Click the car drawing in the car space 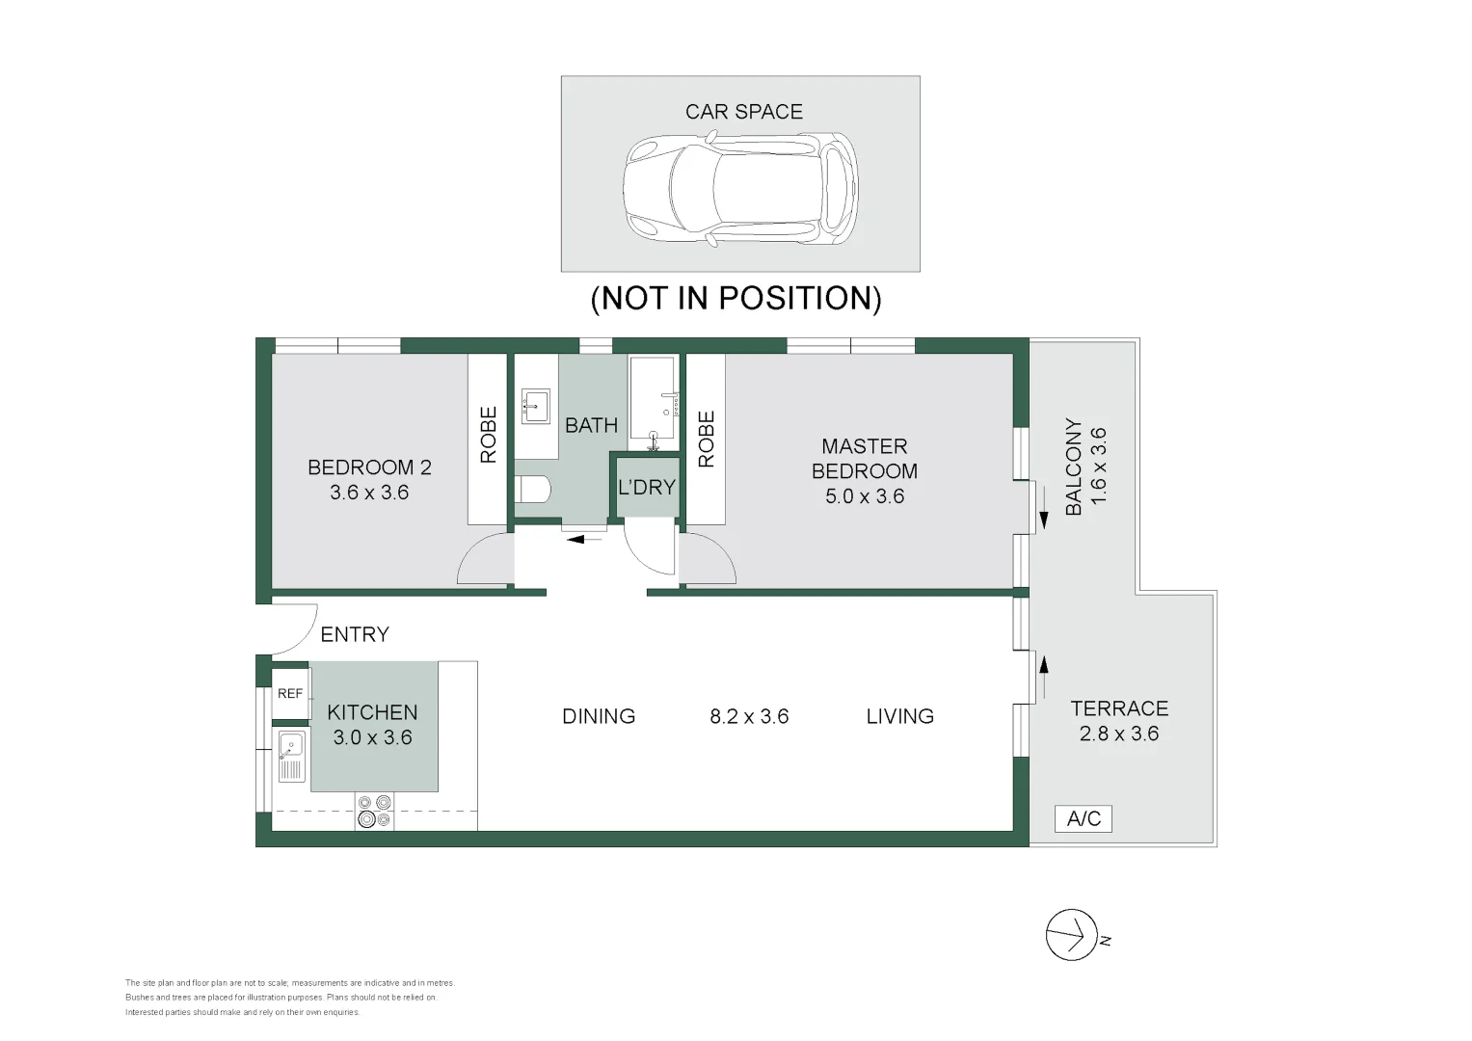[x=740, y=189]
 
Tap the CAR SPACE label [x=744, y=112]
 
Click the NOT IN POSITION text [x=736, y=299]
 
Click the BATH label [x=592, y=425]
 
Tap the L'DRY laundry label [x=647, y=487]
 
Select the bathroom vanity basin [x=535, y=406]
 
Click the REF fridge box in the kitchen [x=290, y=693]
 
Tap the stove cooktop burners [x=375, y=812]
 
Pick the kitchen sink [x=291, y=757]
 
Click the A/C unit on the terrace [x=1084, y=818]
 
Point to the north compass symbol [x=1072, y=935]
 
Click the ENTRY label [x=355, y=634]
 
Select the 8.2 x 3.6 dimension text [x=749, y=715]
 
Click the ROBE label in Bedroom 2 [x=489, y=435]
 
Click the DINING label [x=599, y=715]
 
